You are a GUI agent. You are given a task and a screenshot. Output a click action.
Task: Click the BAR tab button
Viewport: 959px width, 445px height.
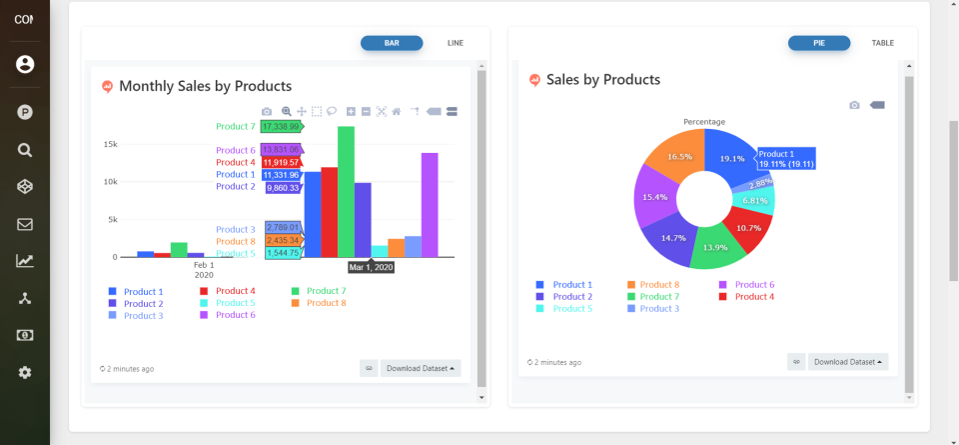point(392,43)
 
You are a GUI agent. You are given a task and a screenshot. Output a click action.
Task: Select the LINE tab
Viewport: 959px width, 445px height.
point(456,43)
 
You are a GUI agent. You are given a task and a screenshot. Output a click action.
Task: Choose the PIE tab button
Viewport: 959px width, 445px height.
point(819,43)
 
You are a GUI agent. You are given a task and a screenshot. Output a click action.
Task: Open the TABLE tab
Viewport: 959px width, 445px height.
point(882,43)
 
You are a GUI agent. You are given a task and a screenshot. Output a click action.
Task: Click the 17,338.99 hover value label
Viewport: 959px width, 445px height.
point(281,127)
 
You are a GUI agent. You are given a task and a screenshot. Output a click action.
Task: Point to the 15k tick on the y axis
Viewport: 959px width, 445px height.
point(110,144)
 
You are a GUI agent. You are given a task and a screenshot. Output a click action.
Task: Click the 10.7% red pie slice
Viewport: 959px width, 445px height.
point(749,228)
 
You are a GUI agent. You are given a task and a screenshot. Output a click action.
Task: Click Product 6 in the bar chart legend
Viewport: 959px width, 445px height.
point(236,315)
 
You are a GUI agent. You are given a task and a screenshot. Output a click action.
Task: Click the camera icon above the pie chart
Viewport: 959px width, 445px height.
point(854,105)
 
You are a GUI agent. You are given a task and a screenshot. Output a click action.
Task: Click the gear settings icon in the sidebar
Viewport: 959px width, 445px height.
point(25,372)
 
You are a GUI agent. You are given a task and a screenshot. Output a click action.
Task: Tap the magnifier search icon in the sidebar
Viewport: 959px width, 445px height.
point(25,150)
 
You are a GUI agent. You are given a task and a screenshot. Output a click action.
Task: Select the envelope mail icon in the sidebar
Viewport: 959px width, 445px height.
point(25,224)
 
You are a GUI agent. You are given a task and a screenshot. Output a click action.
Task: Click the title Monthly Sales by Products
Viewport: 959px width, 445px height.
point(205,86)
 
